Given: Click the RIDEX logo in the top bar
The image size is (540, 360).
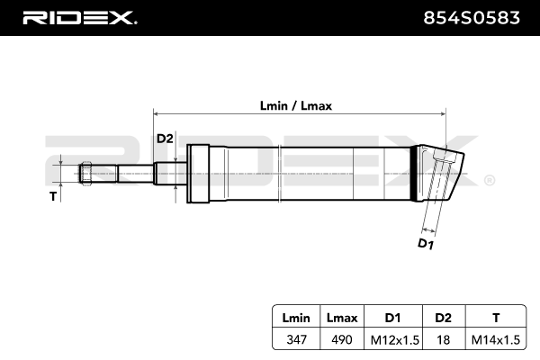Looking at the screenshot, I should click(x=78, y=17).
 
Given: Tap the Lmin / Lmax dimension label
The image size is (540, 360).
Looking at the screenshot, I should click(x=296, y=105).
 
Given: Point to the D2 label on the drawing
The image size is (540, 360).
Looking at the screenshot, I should click(x=165, y=138).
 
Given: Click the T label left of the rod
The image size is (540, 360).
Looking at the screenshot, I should click(x=53, y=194).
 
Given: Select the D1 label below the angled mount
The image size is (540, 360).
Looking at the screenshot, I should click(x=426, y=243).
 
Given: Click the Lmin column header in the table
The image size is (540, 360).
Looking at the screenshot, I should click(x=296, y=317).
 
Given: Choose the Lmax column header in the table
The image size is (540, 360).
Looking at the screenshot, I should click(x=343, y=317).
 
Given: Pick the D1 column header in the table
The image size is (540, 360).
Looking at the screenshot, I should click(x=393, y=317).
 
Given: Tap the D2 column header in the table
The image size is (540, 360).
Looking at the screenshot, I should click(x=443, y=317).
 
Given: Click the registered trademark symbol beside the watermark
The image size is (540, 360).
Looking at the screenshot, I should click(x=489, y=180).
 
